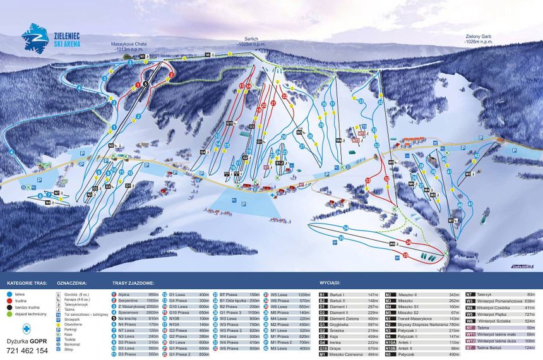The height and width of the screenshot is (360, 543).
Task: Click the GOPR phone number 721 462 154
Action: click(x=25, y=350)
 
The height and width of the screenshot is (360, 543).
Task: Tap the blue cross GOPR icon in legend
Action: click(x=25, y=328)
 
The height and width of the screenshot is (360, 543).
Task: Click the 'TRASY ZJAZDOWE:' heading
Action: click(x=133, y=284)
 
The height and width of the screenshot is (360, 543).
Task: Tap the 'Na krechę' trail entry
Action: click(x=129, y=318)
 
